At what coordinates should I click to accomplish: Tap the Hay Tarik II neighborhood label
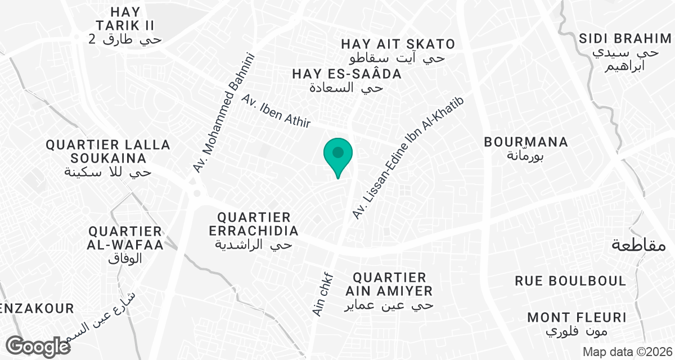(x=125, y=25)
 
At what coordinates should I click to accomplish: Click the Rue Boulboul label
(x=571, y=281)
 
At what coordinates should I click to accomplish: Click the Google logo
(x=38, y=346)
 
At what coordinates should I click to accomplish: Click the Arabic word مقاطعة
(x=639, y=245)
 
